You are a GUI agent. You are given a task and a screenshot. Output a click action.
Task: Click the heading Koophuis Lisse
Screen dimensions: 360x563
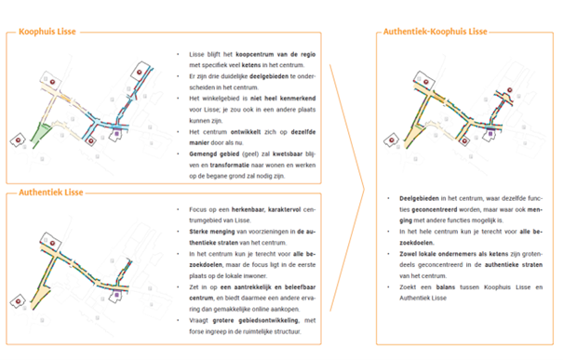[x=47, y=32]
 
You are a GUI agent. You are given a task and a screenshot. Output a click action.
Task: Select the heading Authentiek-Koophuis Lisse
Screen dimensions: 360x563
[x=435, y=32]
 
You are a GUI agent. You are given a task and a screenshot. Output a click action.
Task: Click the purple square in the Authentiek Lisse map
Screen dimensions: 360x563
[x=117, y=297]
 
